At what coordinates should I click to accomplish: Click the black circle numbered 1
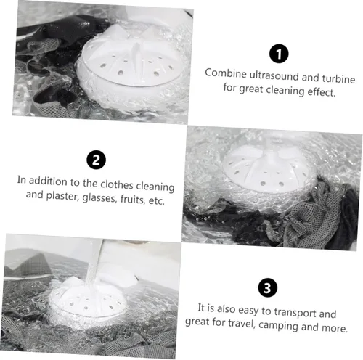[x=279, y=54]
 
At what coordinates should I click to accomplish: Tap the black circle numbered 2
[x=96, y=160]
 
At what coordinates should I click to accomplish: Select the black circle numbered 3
[x=267, y=288]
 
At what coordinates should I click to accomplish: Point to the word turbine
[x=338, y=78]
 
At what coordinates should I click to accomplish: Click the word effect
[x=322, y=92]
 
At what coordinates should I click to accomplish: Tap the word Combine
[x=226, y=73]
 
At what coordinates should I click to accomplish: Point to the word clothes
[x=117, y=184]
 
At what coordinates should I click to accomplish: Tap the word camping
[x=278, y=325]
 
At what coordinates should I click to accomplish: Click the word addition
[x=48, y=181]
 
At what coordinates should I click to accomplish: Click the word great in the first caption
[x=250, y=89]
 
